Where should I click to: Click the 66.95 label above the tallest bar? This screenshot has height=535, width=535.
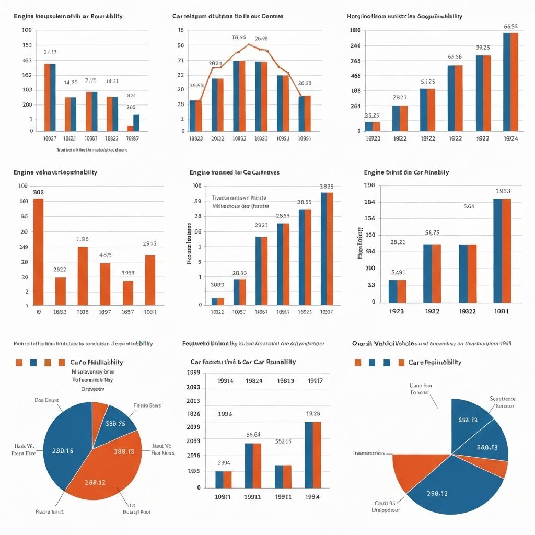point(510,26)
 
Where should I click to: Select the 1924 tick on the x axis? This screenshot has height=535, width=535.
point(510,139)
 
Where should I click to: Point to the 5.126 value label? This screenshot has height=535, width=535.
point(427,82)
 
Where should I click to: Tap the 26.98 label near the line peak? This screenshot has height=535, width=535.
point(261,38)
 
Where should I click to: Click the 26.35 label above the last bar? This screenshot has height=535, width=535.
point(305,83)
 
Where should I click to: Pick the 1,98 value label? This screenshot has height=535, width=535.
point(83,239)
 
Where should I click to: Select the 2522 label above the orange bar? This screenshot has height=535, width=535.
point(60,270)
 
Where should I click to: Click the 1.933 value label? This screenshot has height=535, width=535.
point(503,191)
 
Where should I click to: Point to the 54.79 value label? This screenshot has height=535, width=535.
point(432,232)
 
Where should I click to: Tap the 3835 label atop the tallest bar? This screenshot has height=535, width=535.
point(327,186)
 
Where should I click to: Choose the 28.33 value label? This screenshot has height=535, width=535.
point(239,273)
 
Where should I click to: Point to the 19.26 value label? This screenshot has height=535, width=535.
point(313,414)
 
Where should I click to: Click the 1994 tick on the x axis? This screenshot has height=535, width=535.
point(312,497)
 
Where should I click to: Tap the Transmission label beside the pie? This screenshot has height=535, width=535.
point(368,453)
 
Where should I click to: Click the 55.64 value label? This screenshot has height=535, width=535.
point(253,434)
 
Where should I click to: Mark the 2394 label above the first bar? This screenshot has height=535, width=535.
point(224,462)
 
